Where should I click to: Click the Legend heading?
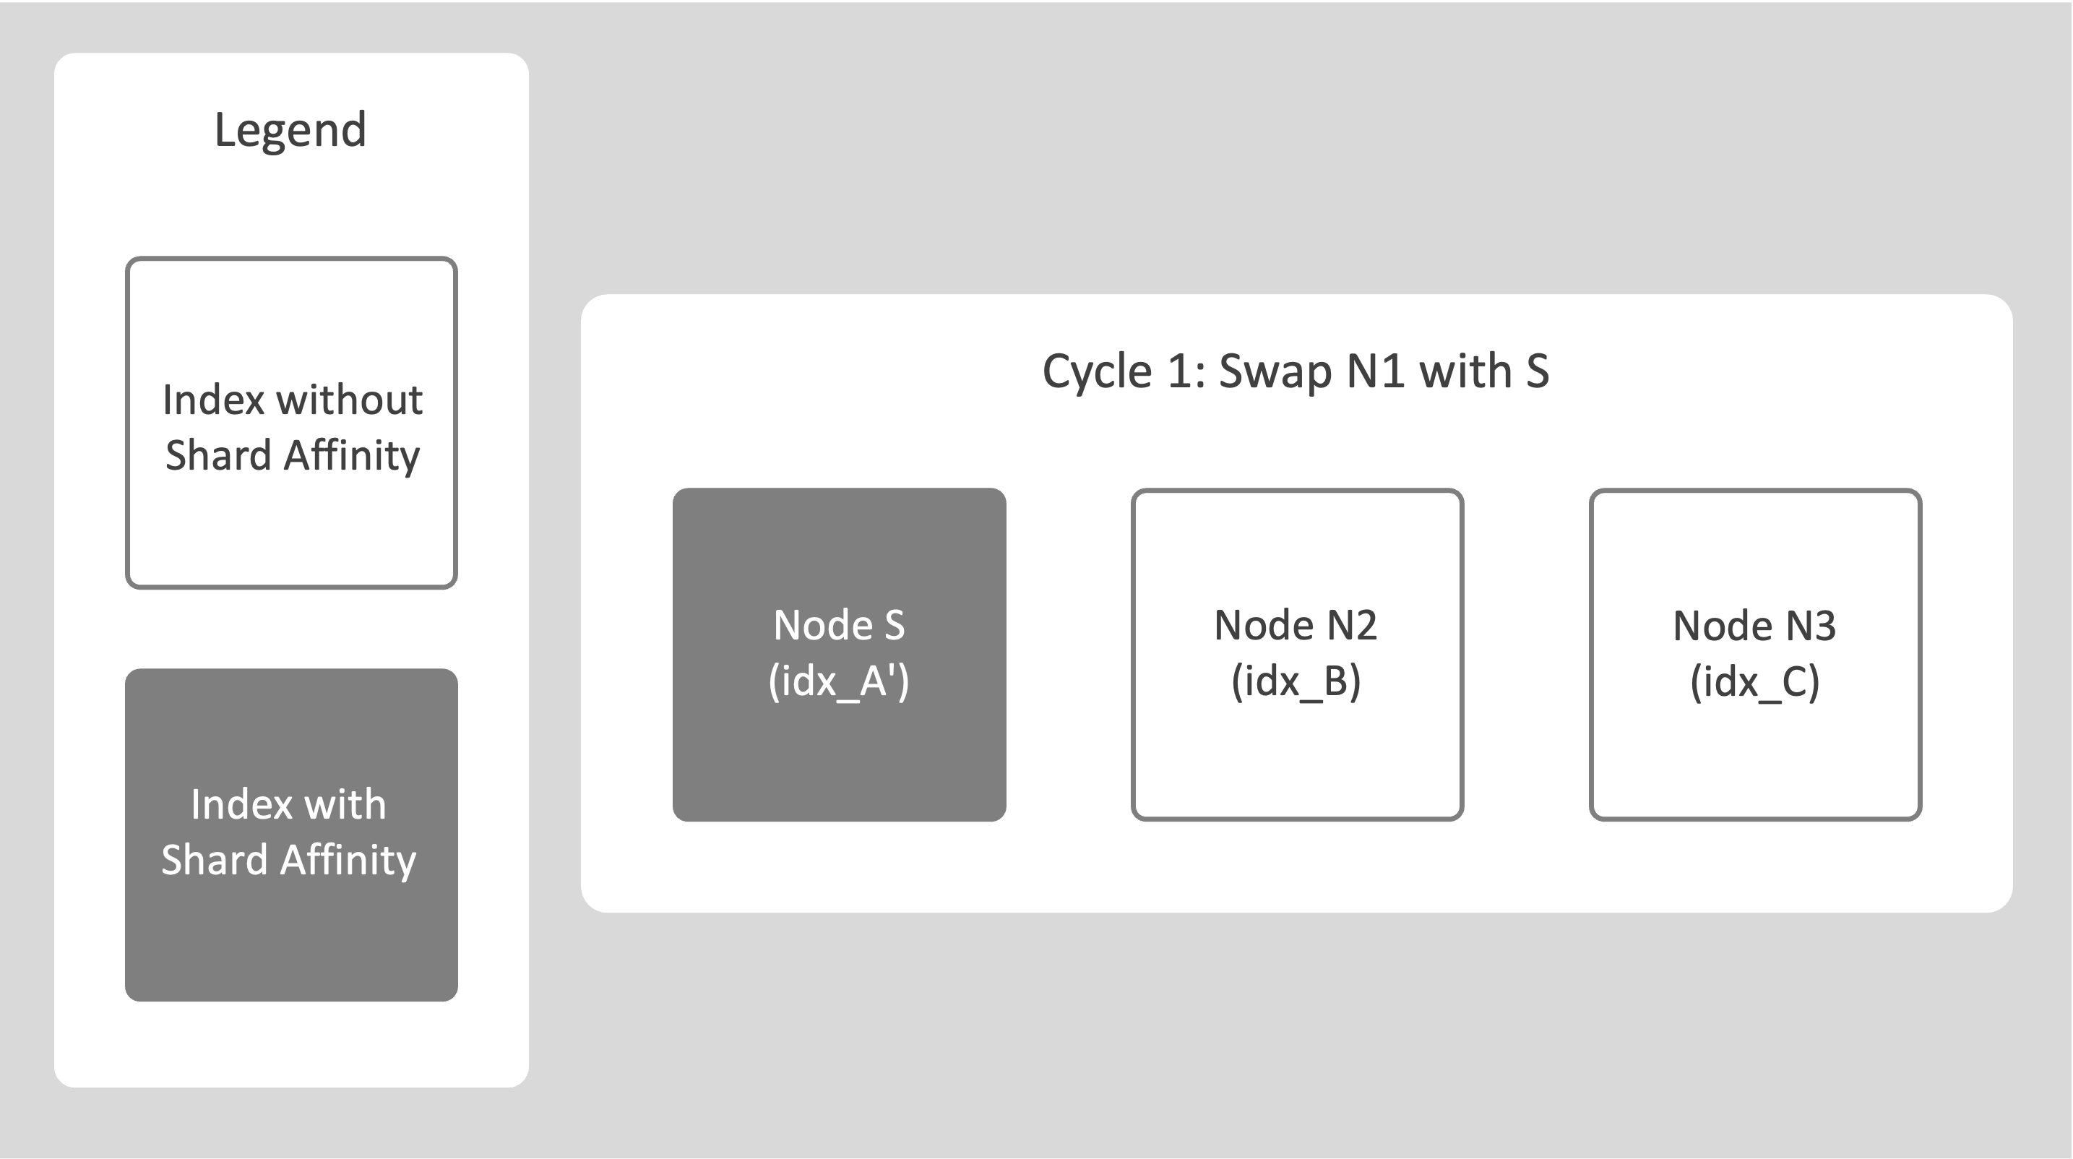[x=290, y=130]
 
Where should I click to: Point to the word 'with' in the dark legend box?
[x=345, y=805]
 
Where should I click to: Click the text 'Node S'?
[x=839, y=625]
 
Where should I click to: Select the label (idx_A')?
[x=839, y=681]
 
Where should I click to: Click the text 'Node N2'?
[x=1296, y=625]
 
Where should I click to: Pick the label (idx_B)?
[x=1296, y=681]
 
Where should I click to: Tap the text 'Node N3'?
[x=1754, y=625]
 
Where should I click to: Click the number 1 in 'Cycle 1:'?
[x=1180, y=372]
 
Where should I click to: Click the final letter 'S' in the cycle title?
[x=1535, y=372]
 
